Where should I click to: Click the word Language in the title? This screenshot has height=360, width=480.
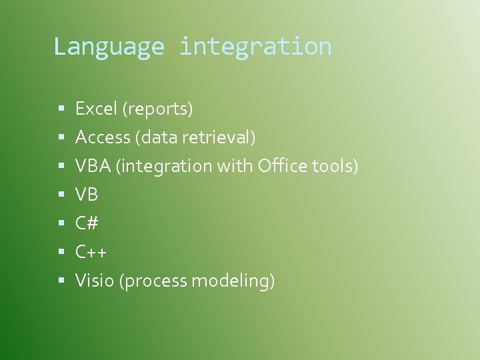(108, 47)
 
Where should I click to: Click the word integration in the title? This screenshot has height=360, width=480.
(255, 47)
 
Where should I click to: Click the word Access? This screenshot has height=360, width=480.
(103, 137)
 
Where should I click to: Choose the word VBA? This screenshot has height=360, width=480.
(93, 166)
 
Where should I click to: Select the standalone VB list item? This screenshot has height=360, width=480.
(87, 195)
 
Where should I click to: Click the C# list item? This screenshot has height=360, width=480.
(87, 223)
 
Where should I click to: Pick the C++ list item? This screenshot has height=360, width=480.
(91, 252)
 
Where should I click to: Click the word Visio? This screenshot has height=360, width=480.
(95, 281)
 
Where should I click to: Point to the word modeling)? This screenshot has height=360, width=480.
(233, 281)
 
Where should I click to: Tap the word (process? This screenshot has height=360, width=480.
(153, 281)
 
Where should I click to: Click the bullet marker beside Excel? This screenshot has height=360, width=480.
(60, 108)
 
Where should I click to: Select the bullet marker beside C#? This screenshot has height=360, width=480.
(60, 223)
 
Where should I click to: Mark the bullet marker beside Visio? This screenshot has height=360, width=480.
(60, 281)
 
